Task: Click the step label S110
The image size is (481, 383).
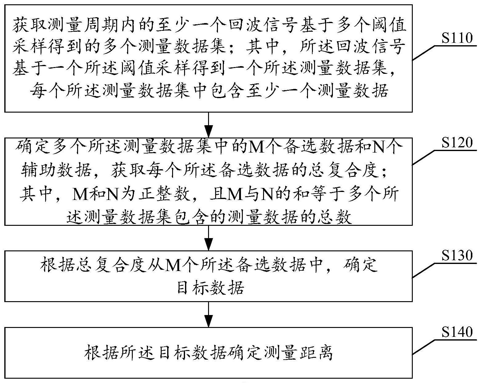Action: (457, 38)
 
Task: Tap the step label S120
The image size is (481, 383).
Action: (457, 142)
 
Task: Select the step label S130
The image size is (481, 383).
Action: (457, 255)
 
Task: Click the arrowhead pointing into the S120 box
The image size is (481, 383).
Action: (208, 132)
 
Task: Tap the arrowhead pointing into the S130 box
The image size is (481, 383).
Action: (208, 245)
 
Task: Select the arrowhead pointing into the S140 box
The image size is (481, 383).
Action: (208, 321)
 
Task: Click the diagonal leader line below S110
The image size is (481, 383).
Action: (423, 53)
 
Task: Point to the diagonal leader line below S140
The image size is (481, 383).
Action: (423, 347)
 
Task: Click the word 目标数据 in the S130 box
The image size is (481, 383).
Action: (210, 288)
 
